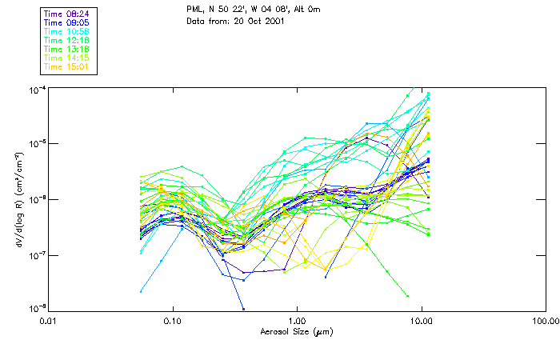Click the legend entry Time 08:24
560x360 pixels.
(x=66, y=14)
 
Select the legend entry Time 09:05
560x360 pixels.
(x=66, y=22)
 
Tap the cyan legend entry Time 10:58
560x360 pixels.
(x=66, y=31)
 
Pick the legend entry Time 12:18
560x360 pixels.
(x=66, y=40)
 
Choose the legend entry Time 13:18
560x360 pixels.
(x=66, y=49)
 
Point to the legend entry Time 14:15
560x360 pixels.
(x=66, y=58)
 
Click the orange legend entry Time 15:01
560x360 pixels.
(x=66, y=66)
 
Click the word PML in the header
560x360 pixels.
(x=194, y=9)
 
